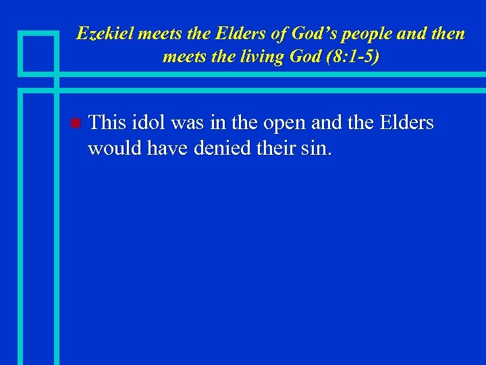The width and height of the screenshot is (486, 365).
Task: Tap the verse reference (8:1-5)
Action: point(351,56)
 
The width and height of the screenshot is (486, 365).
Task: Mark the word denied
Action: point(219,147)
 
